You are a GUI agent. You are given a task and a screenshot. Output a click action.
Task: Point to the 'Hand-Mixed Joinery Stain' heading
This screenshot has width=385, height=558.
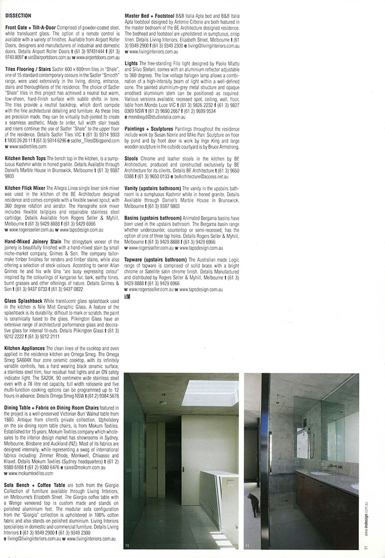click(33, 242)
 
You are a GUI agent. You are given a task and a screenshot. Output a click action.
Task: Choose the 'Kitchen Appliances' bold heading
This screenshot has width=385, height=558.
click(26, 348)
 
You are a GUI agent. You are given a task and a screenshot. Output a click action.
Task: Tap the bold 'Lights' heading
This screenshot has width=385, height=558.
click(132, 64)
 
